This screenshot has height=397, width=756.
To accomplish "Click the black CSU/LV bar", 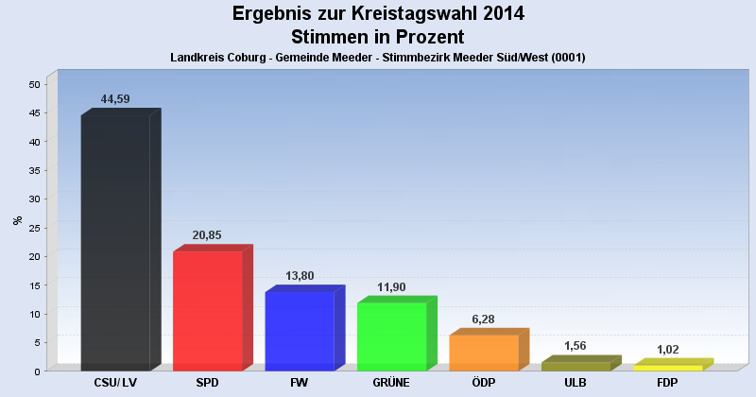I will point(115,243).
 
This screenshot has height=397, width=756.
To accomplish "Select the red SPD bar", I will point(207,311).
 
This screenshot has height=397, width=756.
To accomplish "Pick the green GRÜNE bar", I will point(391,337).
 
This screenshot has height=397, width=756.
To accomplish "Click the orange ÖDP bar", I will point(484,353).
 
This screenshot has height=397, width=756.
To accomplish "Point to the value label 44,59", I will point(115,98).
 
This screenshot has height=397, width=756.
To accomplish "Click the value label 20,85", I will point(207,235).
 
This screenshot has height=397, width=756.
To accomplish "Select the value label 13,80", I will point(299,276).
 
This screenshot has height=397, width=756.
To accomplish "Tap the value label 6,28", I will point(484,319).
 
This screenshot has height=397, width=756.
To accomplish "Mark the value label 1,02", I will point(668,350).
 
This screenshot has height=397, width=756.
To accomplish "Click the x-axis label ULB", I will point(576,383).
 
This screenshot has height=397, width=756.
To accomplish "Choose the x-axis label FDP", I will point(667,383).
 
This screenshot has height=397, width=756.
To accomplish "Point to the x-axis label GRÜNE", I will point(391,383).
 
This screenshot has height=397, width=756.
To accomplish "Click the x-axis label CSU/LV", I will point(115,383).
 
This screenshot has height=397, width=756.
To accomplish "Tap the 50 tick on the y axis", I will point(34,84).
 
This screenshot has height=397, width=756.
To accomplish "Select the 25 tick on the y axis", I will point(34,228).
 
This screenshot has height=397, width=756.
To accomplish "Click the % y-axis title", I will point(17,220).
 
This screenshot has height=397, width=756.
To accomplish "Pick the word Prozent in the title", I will point(423,37).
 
